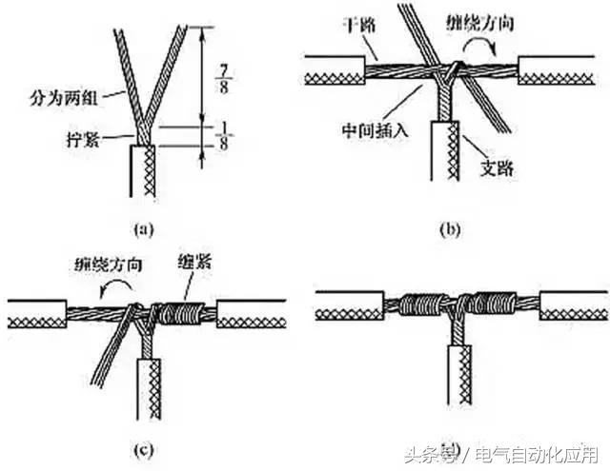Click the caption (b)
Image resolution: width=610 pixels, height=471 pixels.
pos(447,227)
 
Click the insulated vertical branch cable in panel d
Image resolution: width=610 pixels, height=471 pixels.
pos(459,381)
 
